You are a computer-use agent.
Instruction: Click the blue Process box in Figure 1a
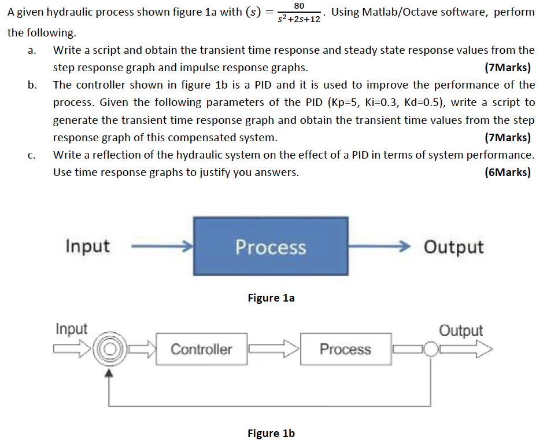coord(270,247)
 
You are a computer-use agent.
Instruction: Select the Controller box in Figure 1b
coord(201,349)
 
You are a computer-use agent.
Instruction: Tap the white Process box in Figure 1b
coord(345,349)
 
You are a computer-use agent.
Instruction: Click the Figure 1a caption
coord(271,298)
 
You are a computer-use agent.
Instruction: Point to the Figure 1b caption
coord(271,434)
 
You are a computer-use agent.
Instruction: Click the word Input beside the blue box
coord(87,246)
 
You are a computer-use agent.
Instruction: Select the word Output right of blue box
coord(453,247)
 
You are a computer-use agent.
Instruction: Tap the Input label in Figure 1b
coord(71,329)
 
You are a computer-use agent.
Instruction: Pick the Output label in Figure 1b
coord(461,331)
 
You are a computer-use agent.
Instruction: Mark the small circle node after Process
coord(430,349)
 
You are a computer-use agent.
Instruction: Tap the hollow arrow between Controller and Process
coord(273,349)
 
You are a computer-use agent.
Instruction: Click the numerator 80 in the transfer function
coord(299,6)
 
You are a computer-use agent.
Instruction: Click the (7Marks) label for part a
coord(508,68)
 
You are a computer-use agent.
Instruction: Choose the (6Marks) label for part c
coord(508,172)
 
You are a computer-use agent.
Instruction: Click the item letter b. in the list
coord(32,85)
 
